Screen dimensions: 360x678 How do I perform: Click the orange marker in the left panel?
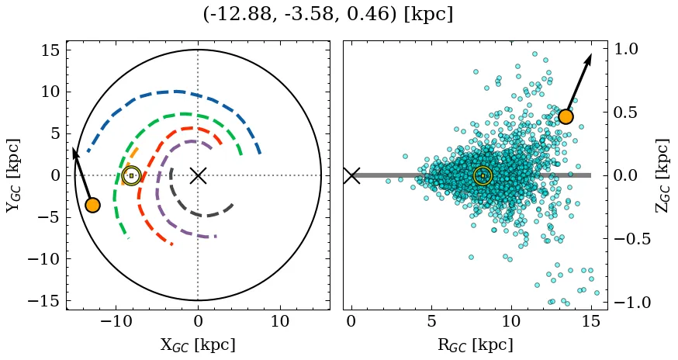pos(92,205)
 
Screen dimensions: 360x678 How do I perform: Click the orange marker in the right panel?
pos(566,116)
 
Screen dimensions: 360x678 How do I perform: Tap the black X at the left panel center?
pos(198,175)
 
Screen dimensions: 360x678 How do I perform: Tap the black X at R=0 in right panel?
pos(351,175)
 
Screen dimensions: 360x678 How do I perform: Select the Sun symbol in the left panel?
pos(131,175)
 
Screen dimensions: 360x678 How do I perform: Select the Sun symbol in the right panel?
pos(483,175)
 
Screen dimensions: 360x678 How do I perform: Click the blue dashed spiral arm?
pos(171,92)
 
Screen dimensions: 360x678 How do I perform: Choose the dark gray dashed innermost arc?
pos(209,214)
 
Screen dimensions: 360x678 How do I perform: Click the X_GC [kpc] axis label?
pos(198,344)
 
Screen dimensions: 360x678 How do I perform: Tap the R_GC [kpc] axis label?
pos(476,344)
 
